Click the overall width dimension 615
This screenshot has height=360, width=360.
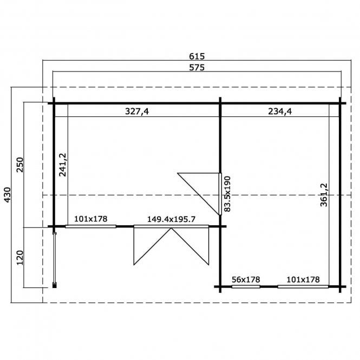197,56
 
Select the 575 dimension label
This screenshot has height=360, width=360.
197,68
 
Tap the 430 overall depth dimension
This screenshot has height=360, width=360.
8,195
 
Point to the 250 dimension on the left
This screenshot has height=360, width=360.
20,165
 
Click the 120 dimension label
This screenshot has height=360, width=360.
20,258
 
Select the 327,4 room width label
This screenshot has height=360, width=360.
137,112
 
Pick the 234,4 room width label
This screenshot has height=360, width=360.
280,112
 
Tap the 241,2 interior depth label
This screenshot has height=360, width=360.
62,165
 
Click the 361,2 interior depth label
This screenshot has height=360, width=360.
324,195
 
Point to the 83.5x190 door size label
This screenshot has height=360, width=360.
227,194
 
